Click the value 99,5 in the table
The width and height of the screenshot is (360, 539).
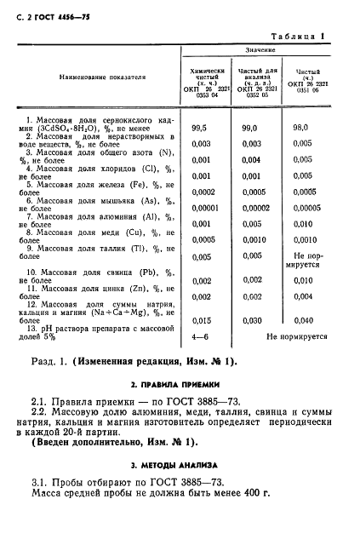(201, 127)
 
